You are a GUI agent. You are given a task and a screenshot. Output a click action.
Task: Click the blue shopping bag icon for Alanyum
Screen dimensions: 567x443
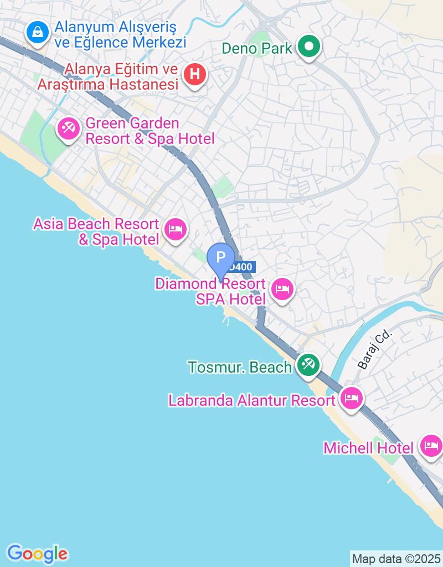point(37,32)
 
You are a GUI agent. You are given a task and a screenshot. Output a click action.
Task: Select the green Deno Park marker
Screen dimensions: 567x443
point(309,47)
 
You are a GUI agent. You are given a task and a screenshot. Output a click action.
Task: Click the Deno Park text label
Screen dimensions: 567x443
point(257,48)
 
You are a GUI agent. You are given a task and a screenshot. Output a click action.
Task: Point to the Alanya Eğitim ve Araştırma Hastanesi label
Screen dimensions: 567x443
point(107,77)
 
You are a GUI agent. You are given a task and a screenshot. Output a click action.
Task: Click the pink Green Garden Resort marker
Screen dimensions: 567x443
point(69,130)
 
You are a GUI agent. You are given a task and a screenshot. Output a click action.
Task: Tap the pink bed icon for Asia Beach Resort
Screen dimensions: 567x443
point(176,228)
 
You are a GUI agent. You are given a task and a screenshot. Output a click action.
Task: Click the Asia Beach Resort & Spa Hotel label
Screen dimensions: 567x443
point(96,231)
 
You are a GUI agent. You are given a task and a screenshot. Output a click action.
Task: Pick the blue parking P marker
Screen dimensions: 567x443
point(220,257)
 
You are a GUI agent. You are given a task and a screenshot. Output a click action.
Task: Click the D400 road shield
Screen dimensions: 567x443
point(241,267)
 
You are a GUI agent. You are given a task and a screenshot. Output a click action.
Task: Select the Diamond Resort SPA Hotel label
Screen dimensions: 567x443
point(210,291)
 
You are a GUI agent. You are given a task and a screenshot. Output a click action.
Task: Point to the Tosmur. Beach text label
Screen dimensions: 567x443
point(240,367)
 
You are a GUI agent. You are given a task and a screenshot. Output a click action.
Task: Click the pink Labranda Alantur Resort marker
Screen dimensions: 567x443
point(351,397)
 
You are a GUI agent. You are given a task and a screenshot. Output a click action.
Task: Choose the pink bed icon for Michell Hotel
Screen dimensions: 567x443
point(431,445)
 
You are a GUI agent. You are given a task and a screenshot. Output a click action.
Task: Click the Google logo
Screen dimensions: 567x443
point(37,553)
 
